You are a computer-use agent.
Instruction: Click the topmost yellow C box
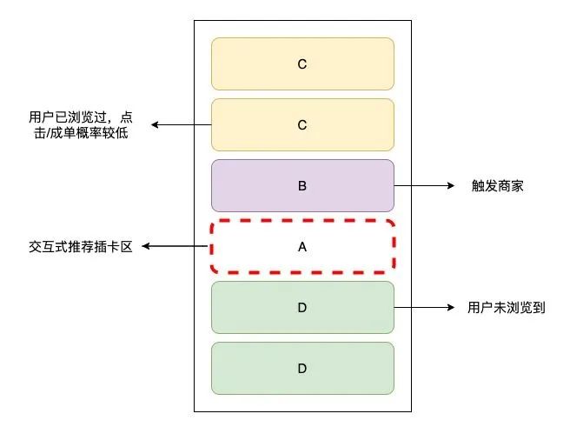pyautogui.click(x=302, y=63)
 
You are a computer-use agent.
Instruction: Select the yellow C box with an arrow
pyautogui.click(x=302, y=124)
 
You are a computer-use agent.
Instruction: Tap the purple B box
pyautogui.click(x=302, y=185)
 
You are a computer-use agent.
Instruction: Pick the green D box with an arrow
pyautogui.click(x=302, y=307)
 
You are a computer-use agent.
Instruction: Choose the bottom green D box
pyautogui.click(x=302, y=368)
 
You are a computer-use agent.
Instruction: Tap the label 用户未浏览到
pyautogui.click(x=507, y=308)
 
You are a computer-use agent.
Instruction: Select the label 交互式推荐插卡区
pyautogui.click(x=80, y=247)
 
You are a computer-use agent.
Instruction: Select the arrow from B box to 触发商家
pyautogui.click(x=424, y=185)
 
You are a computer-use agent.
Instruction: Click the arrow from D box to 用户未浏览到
pyautogui.click(x=424, y=307)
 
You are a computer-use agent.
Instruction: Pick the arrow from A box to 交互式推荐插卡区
pyautogui.click(x=176, y=247)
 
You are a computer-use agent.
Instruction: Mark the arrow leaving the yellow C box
pyautogui.click(x=182, y=125)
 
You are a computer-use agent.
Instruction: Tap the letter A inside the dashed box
pyautogui.click(x=302, y=246)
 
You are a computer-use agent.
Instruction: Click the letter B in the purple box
pyautogui.click(x=302, y=185)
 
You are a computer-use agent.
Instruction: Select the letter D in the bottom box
pyautogui.click(x=302, y=368)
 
